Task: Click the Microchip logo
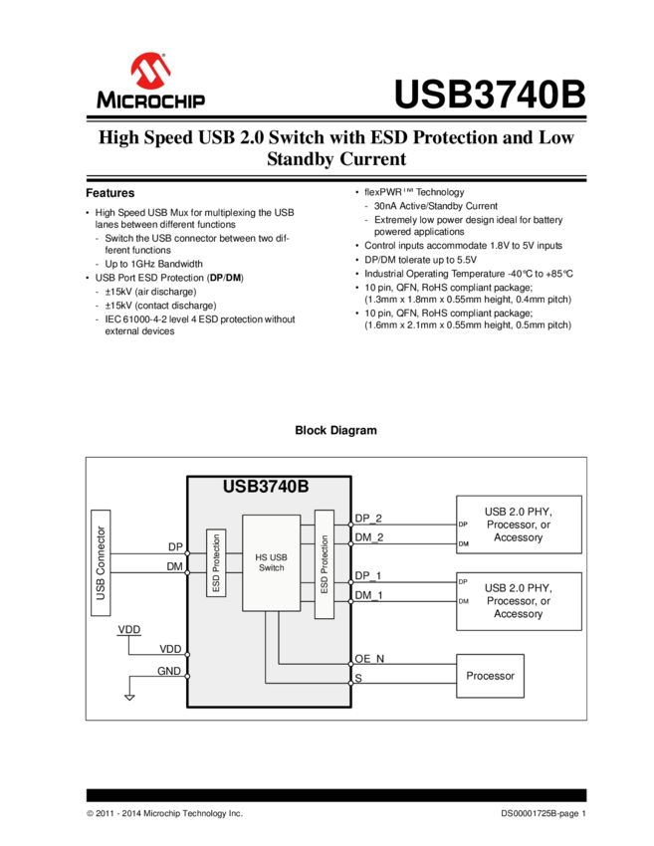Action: pos(151,80)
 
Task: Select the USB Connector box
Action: pos(100,556)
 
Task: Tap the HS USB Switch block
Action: pos(271,562)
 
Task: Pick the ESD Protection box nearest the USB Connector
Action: pos(216,563)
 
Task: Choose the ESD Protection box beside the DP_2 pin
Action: pos(324,565)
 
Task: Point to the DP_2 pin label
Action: pos(368,519)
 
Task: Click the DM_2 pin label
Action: pos(368,538)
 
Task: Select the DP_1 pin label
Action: pos(368,576)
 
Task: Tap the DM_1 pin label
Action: pos(368,595)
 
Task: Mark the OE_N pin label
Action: pos(369,659)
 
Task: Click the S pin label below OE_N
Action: pos(358,678)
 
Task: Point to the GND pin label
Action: pos(169,671)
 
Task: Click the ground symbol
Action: pos(129,696)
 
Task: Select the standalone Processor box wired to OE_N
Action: pos(490,676)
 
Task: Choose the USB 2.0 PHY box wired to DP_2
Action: pos(518,525)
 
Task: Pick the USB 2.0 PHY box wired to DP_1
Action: pos(518,601)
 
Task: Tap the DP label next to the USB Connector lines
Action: pos(175,547)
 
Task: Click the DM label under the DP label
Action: pos(175,566)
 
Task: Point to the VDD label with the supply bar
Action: pos(129,630)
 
